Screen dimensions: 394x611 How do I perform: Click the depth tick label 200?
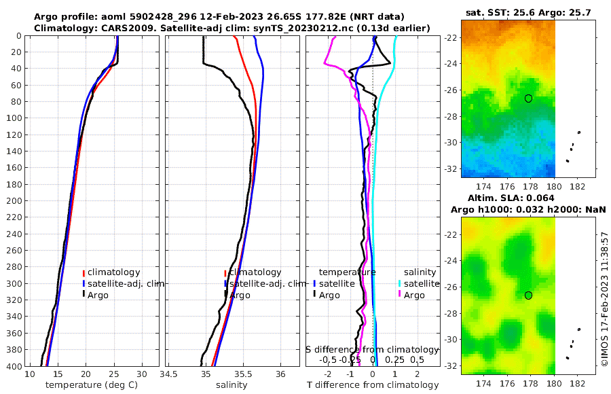point(14,201)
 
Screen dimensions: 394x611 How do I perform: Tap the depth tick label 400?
point(14,366)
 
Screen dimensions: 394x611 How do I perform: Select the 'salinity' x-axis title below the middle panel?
point(231,385)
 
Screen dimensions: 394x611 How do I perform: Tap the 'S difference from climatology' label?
point(373,349)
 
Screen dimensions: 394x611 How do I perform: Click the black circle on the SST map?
point(528,98)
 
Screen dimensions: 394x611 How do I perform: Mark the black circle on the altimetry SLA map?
point(528,295)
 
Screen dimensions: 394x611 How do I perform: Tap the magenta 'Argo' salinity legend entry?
point(414,295)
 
